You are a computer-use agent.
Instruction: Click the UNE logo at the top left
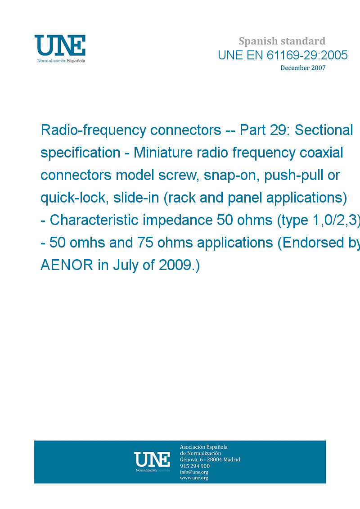pos(60,49)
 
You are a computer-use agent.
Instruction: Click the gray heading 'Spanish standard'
pos(282,41)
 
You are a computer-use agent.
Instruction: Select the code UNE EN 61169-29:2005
pos(283,55)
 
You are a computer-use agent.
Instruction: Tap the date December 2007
pos(303,68)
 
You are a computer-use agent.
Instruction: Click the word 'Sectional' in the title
pos(324,130)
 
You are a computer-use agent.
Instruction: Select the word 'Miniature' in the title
pos(163,153)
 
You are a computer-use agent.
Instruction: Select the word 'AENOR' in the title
pos(67,265)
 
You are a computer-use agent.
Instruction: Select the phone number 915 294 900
pos(195,466)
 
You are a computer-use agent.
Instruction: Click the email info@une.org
pos(194,472)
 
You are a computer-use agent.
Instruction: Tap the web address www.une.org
pos(194,478)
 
